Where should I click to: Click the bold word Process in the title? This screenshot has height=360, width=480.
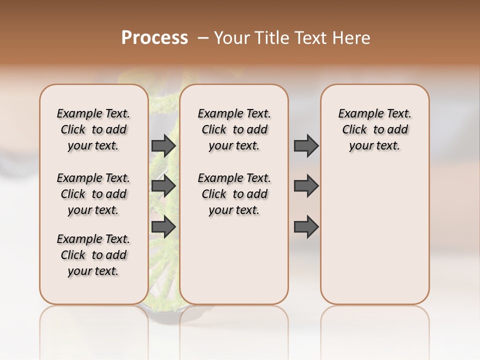[154, 38]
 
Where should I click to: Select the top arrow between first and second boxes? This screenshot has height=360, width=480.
[163, 145]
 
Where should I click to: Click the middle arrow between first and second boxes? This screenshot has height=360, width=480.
[163, 186]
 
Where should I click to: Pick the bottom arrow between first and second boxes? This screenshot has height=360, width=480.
[163, 227]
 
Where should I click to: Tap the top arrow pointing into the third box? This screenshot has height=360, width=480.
[306, 145]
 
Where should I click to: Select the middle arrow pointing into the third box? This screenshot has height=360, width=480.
[306, 186]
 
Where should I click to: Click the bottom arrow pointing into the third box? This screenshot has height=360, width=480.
[306, 227]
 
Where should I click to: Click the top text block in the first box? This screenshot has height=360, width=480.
[93, 129]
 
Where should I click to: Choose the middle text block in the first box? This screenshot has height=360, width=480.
[93, 194]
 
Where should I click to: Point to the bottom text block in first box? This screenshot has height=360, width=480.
[93, 255]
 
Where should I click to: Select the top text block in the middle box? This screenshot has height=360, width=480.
[234, 129]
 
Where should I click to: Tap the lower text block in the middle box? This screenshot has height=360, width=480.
[234, 194]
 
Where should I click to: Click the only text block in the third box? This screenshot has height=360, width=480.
[375, 129]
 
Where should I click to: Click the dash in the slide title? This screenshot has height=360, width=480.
[203, 38]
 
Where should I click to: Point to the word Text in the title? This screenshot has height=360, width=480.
[310, 38]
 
